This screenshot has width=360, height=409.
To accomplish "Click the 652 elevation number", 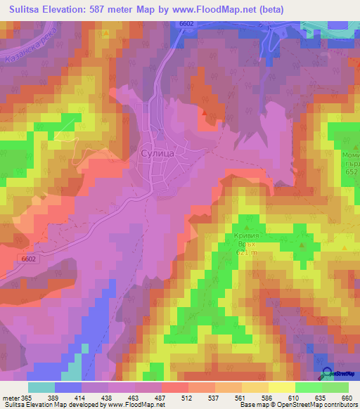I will (352, 173).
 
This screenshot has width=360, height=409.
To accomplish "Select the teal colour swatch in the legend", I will (41, 387).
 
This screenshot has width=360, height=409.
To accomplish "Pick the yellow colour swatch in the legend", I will (282, 387).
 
